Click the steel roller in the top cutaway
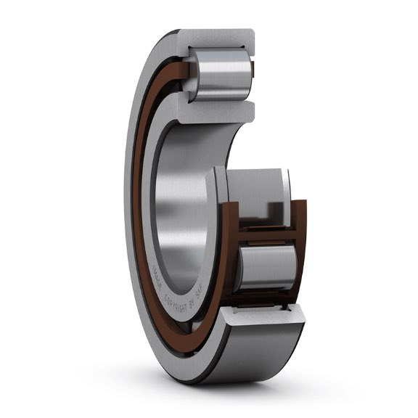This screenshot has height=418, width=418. click(x=222, y=76)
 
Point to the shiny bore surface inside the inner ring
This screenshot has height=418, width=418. click(x=178, y=196)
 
